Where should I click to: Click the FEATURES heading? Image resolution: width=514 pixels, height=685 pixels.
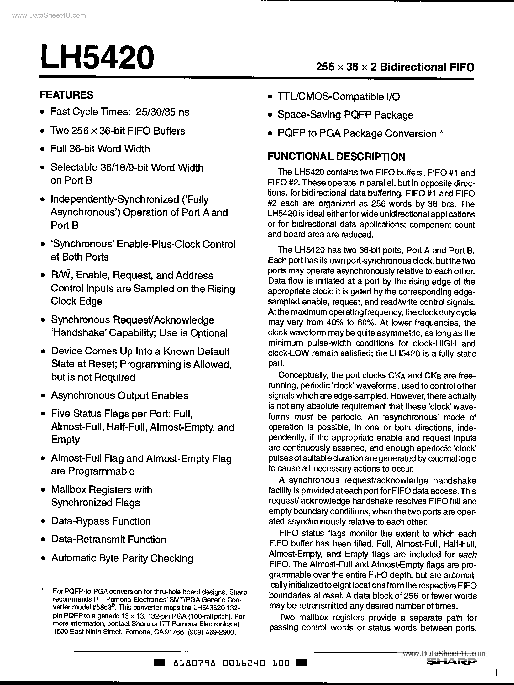[x=67, y=95]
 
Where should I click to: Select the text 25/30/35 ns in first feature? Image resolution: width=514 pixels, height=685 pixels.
[x=162, y=112]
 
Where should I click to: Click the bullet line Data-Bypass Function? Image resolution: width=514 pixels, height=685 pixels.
[x=101, y=521]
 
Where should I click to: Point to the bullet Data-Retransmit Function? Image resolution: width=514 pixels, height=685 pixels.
[x=108, y=540]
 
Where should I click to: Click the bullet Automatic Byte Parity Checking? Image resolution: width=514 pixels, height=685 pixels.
[x=122, y=558]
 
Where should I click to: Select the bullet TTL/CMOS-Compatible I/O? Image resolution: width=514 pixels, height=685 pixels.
[x=338, y=97]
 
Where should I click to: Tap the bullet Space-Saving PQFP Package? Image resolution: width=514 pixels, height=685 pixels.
[x=345, y=115]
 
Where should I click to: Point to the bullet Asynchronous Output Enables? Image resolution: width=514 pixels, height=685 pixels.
[x=120, y=395]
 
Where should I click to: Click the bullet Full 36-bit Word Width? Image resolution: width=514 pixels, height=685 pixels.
[x=100, y=149]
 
